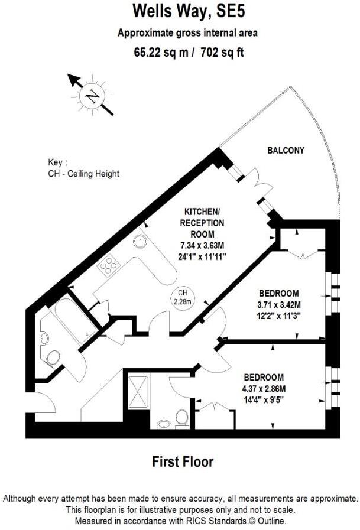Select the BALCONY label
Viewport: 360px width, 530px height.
coord(286,151)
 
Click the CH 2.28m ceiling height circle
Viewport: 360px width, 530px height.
coord(181,297)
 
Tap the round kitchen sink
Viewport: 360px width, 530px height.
coord(141,240)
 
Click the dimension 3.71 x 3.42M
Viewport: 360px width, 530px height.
coord(280,305)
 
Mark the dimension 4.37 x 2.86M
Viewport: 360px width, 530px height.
coord(263,388)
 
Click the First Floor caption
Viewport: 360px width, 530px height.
coord(183,461)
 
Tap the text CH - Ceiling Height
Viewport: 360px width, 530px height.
coord(83,174)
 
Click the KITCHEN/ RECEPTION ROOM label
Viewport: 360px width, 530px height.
coord(204,223)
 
